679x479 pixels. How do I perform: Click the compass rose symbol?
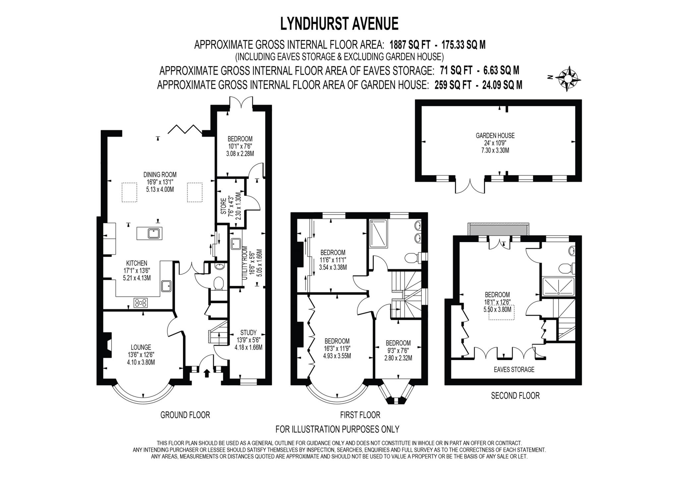coord(568,79)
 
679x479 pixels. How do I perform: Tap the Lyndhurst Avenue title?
coord(339,24)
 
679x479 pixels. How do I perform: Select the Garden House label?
coord(495,135)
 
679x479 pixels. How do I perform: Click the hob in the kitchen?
coord(141,302)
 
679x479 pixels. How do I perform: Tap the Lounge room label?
coord(141,347)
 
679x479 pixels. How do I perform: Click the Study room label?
coord(248,333)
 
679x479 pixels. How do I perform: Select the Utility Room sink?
coord(236,244)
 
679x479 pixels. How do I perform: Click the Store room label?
coord(223,206)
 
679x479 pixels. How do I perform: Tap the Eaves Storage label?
coord(514,369)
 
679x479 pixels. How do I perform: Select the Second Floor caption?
coord(515,396)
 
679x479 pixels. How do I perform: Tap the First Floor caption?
coord(360,415)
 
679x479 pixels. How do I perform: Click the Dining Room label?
coord(160,175)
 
